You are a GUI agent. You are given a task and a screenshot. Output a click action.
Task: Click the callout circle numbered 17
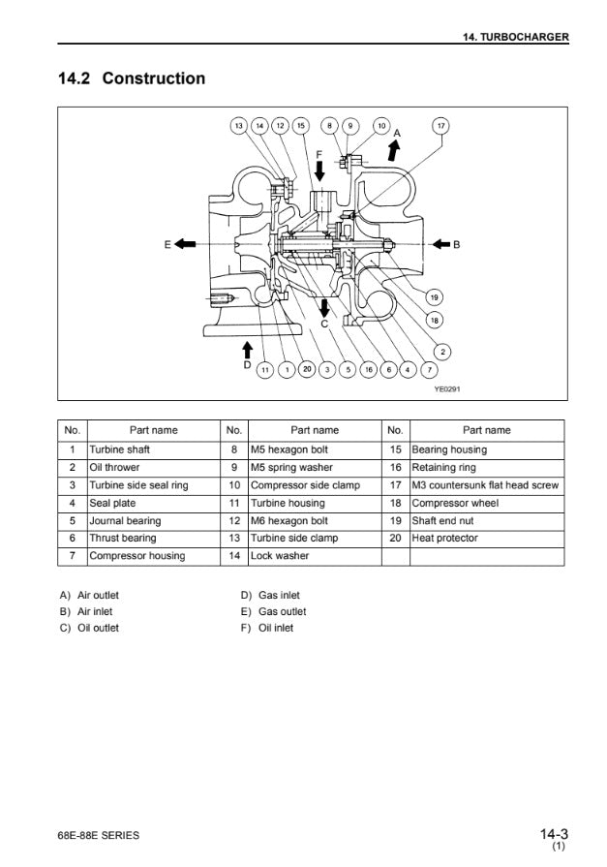click(441, 126)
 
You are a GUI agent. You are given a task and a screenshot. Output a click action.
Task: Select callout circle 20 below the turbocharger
click(307, 369)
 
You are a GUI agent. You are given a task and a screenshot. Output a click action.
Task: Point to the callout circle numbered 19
click(435, 296)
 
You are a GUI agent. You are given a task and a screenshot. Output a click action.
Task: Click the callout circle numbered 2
click(441, 351)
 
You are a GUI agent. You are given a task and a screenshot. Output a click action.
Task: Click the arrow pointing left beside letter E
click(189, 244)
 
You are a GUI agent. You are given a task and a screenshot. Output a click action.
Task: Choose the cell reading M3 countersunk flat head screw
click(486, 485)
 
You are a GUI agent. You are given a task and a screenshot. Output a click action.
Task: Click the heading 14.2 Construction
click(133, 78)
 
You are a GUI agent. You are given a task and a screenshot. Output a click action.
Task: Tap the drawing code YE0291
click(446, 389)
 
